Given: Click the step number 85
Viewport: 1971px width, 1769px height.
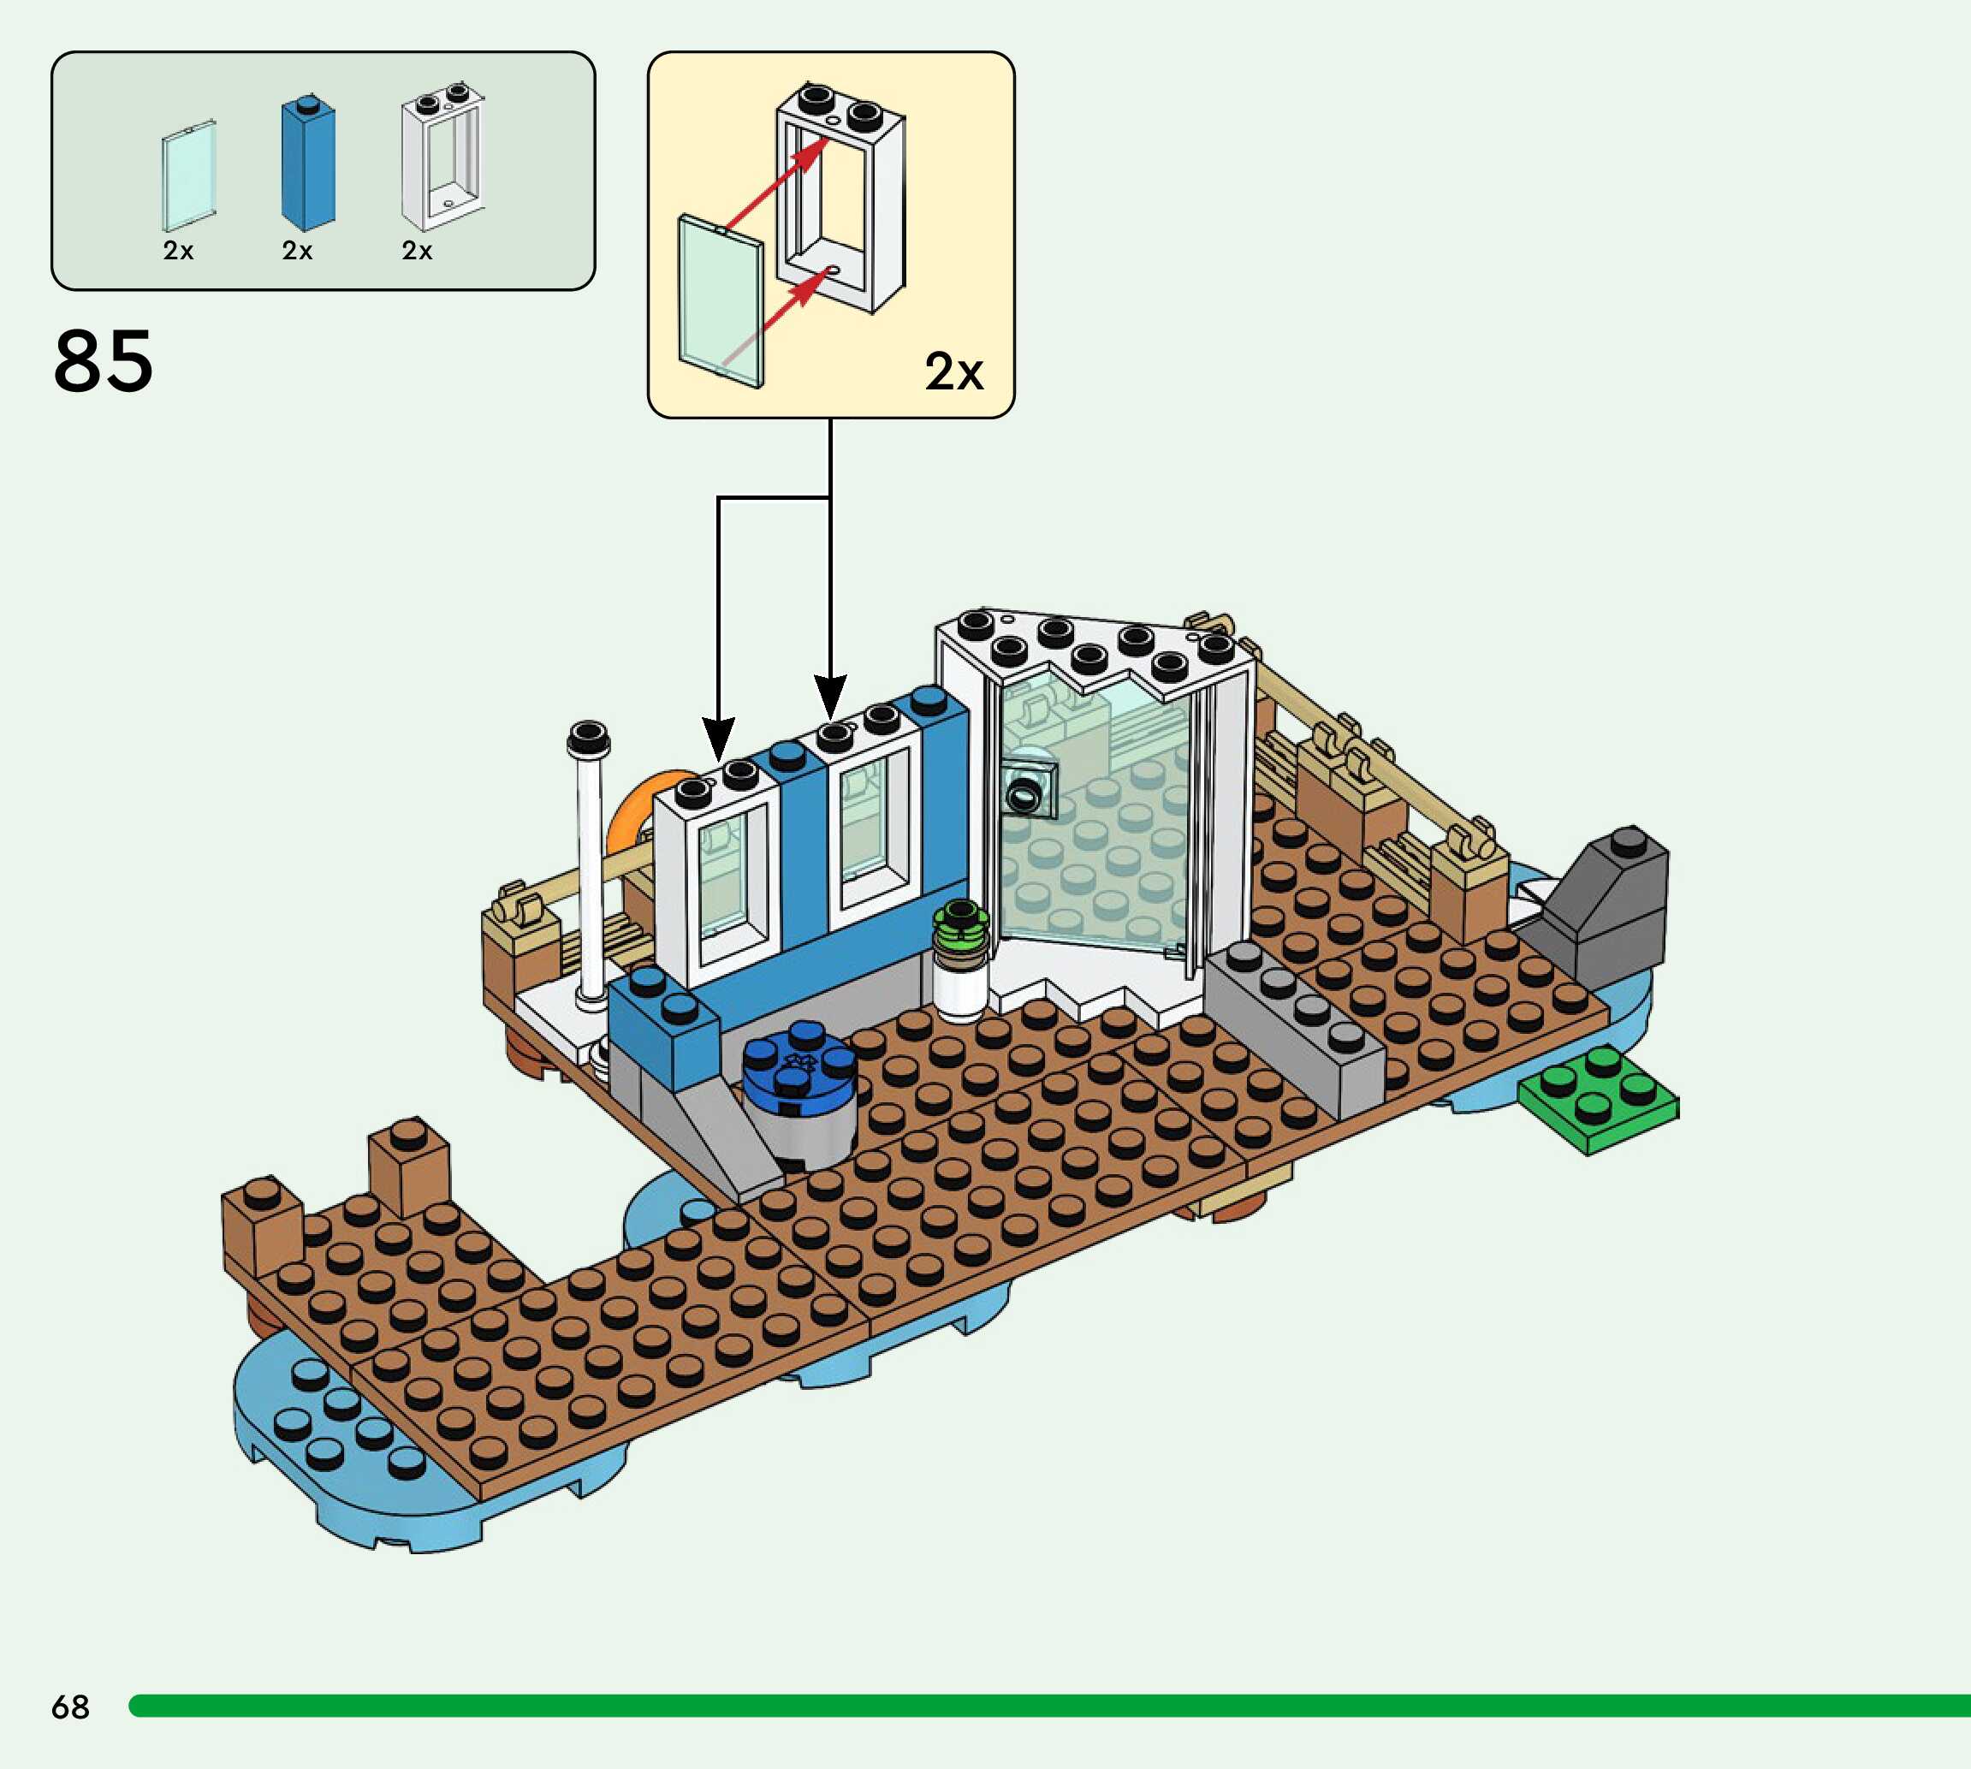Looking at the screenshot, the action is pyautogui.click(x=103, y=360).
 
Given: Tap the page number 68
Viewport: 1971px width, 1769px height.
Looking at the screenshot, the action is pyautogui.click(x=70, y=1706).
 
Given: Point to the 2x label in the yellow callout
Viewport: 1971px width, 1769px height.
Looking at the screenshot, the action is pyautogui.click(x=953, y=371).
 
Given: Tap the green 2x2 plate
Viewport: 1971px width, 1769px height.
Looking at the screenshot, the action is pyautogui.click(x=1598, y=1098).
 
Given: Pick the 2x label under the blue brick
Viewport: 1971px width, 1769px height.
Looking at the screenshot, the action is pyautogui.click(x=297, y=251).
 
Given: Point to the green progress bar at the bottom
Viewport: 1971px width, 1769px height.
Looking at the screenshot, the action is pyautogui.click(x=1049, y=1706).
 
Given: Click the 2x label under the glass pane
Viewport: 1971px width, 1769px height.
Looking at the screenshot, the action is pyautogui.click(x=178, y=251).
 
